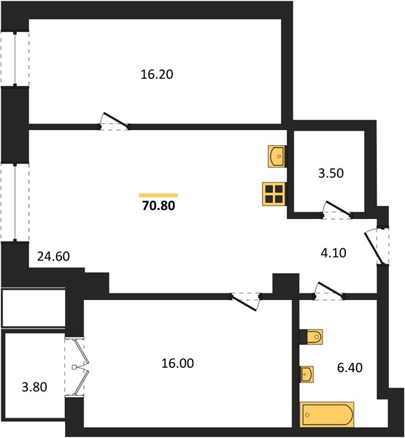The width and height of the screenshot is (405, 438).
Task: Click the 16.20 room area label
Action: [x=157, y=74]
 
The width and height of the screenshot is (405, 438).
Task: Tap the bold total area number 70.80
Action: [x=158, y=206]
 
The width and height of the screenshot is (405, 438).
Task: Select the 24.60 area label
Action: [x=53, y=256]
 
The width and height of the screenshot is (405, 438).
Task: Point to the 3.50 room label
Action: [x=331, y=173]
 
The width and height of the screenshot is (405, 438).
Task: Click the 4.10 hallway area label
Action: [x=333, y=253]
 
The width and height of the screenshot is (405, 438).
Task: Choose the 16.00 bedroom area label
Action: [x=177, y=364]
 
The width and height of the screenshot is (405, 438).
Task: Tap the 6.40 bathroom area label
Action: [x=350, y=368]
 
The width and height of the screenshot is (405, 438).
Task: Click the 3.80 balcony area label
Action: [x=34, y=387]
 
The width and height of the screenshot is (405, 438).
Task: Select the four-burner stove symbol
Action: [x=274, y=194]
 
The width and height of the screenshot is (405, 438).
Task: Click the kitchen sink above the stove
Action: [x=277, y=156]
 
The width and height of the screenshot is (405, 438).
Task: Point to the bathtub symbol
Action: [x=327, y=415]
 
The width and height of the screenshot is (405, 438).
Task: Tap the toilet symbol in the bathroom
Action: [x=311, y=337]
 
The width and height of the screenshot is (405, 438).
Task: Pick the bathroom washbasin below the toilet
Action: [x=306, y=374]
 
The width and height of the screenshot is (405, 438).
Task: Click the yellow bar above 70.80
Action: [x=158, y=195]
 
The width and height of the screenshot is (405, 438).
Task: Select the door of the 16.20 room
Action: [x=115, y=121]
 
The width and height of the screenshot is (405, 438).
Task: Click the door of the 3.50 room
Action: [x=337, y=209]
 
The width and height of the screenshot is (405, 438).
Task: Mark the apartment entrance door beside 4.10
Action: [x=375, y=247]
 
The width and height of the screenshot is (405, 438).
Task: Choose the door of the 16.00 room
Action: [x=245, y=301]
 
